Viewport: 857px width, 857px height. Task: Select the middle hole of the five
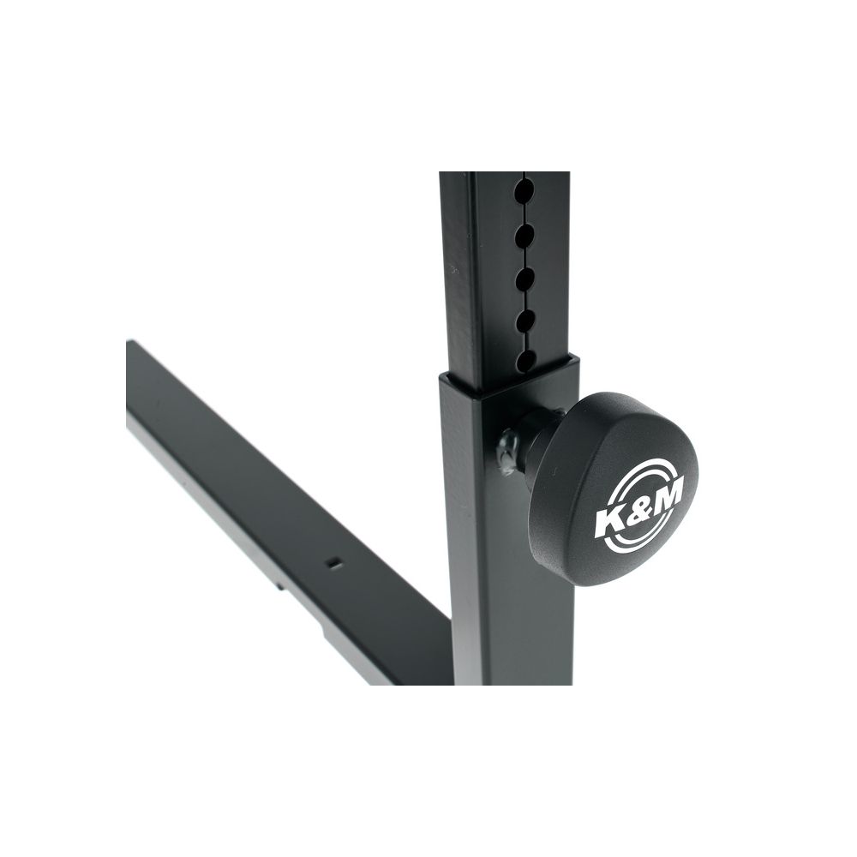tap(524, 278)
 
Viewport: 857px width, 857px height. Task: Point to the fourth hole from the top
tap(524, 321)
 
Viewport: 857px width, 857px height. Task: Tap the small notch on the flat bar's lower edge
tap(280, 589)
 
